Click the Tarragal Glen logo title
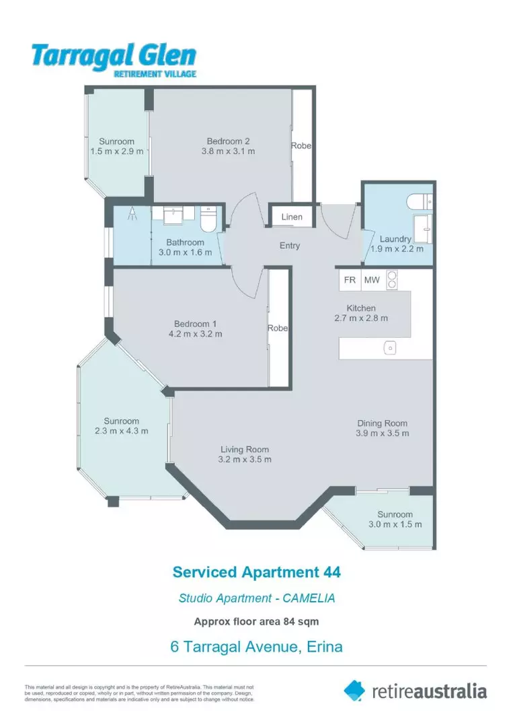click(x=113, y=55)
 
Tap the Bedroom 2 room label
click(x=228, y=141)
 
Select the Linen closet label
click(x=292, y=217)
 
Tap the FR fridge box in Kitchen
click(x=350, y=280)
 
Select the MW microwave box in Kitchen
click(x=370, y=280)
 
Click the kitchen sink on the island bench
click(x=389, y=348)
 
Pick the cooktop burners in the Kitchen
click(x=391, y=279)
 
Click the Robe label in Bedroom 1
click(x=278, y=328)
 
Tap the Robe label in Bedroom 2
click(x=301, y=145)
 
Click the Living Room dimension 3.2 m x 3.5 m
click(x=245, y=460)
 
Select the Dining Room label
click(x=382, y=423)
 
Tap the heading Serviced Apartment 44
click(x=256, y=572)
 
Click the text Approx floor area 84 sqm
click(x=256, y=621)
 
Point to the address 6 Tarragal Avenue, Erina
click(x=256, y=647)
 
